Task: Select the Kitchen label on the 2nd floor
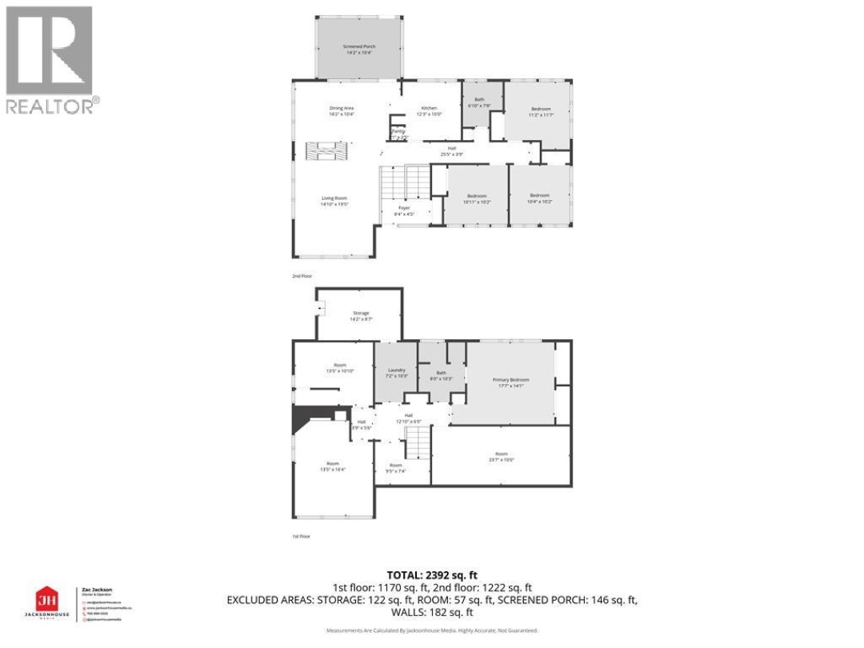pos(430,110)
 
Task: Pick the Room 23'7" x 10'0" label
pos(501,457)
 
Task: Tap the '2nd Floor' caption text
pos(302,275)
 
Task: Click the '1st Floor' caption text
pos(301,537)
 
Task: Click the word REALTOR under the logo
pos(50,105)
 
